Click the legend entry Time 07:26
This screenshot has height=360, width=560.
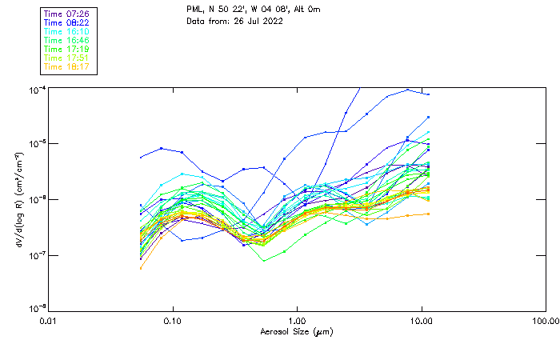click(x=67, y=14)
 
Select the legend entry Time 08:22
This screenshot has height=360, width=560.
click(x=67, y=22)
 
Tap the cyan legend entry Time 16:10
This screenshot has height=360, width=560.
click(x=67, y=31)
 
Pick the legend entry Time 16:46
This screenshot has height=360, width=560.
click(x=67, y=40)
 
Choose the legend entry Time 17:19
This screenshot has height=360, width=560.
click(x=67, y=49)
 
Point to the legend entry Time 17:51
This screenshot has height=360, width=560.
click(x=67, y=58)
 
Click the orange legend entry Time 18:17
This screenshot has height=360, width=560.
click(x=67, y=66)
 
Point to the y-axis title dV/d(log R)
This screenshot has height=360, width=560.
click(x=18, y=198)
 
